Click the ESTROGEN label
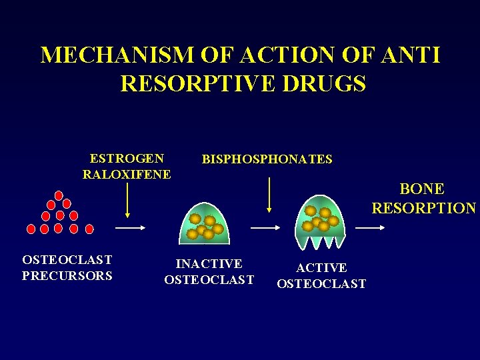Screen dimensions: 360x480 coord(127,159)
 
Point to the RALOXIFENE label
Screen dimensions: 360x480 coord(127,175)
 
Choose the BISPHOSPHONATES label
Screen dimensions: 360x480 coord(267,159)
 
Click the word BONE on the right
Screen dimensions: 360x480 coord(422,189)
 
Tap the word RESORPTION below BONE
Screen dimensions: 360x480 coord(423,209)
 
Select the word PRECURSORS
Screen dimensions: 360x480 coord(67,275)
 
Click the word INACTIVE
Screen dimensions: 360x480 coord(209,264)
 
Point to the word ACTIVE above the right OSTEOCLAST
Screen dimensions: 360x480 coord(321,268)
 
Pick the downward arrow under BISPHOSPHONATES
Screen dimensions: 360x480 coord(269,195)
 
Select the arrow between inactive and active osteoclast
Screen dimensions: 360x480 coord(265,227)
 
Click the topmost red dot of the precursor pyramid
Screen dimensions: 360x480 coord(59,195)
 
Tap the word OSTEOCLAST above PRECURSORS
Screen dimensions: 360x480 coord(67,259)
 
